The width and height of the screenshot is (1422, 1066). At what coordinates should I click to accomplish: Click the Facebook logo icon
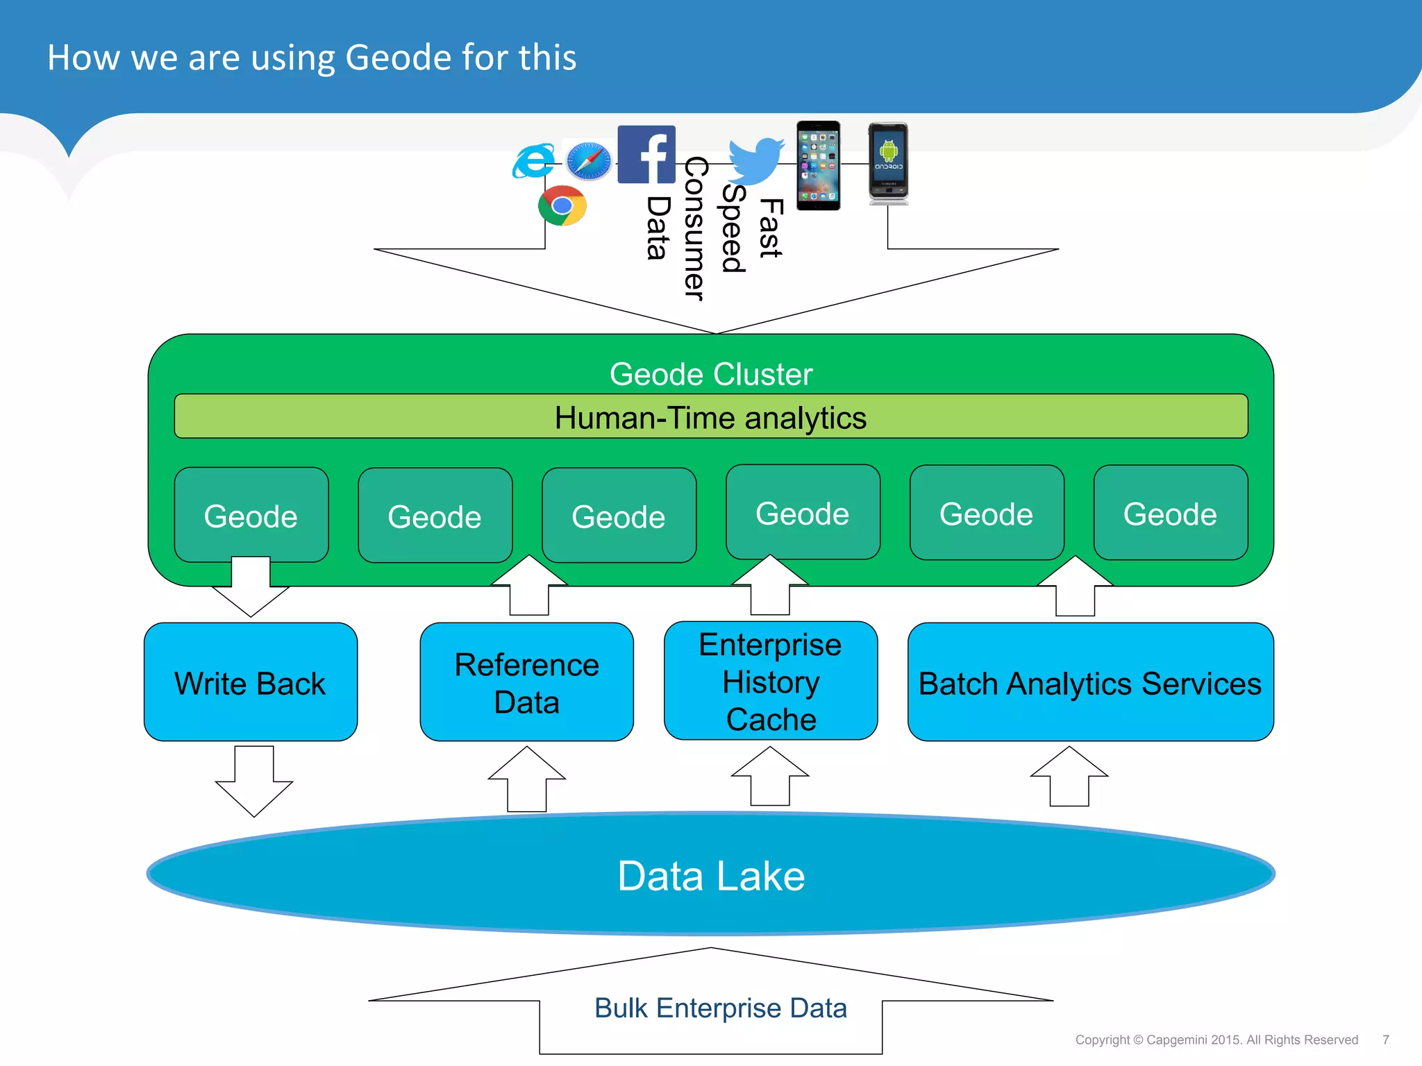pyautogui.click(x=646, y=154)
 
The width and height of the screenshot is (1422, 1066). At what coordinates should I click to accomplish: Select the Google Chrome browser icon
pyautogui.click(x=562, y=205)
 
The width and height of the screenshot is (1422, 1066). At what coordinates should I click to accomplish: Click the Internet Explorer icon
pyautogui.click(x=533, y=161)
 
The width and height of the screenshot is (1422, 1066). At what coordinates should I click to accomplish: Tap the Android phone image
pyautogui.click(x=888, y=164)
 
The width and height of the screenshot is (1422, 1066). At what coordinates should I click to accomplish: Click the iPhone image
pyautogui.click(x=818, y=165)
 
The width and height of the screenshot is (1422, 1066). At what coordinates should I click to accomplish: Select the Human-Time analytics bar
pyautogui.click(x=710, y=417)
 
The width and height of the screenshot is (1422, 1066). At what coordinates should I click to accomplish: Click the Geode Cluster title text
pyautogui.click(x=710, y=374)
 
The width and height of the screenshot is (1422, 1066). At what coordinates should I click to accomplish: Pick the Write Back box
pyautogui.click(x=250, y=682)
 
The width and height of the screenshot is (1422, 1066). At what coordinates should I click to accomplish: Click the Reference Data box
pyautogui.click(x=526, y=682)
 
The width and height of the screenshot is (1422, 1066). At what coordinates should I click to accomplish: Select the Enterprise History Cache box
pyautogui.click(x=770, y=681)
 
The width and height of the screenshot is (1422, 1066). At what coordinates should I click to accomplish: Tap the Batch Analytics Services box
pyautogui.click(x=1090, y=682)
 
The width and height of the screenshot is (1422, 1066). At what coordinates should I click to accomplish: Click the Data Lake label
pyautogui.click(x=710, y=876)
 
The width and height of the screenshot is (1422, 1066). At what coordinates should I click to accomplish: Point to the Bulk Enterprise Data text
pyautogui.click(x=720, y=1008)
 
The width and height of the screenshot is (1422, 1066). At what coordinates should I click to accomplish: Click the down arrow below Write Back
pyautogui.click(x=254, y=781)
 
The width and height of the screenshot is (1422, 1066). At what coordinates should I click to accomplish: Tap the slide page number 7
pyautogui.click(x=1385, y=1040)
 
